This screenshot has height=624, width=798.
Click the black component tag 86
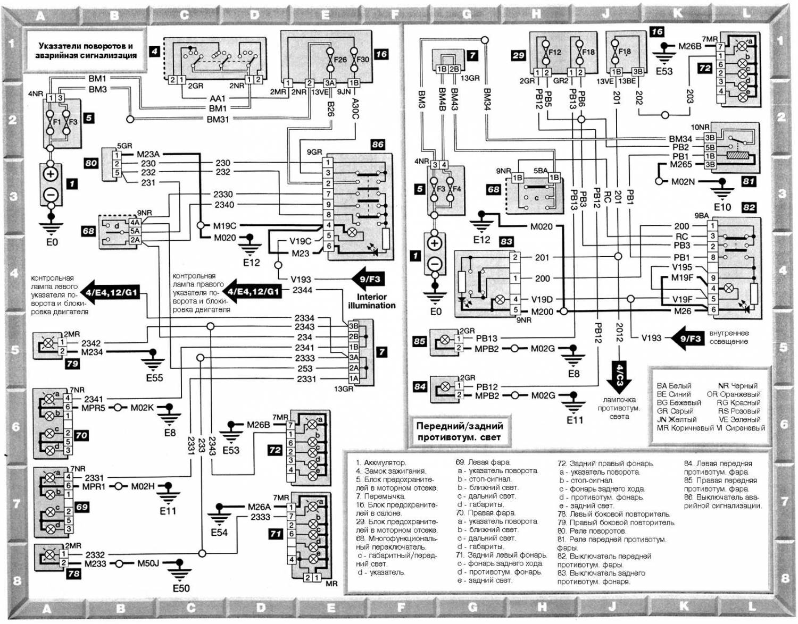pos(377,145)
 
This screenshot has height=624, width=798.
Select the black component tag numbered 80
pos(91,163)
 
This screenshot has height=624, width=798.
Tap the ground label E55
pos(154,378)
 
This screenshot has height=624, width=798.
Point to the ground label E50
pos(181,588)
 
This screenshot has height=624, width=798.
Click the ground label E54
pos(219,532)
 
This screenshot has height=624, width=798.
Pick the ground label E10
pos(722,207)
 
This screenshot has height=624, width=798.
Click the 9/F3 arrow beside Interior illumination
pos(369,280)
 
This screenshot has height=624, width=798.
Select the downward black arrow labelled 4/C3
pos(619,375)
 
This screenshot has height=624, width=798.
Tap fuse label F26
pos(339,60)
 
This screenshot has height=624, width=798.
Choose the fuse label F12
pos(554,52)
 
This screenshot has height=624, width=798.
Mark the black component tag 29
pos(519,55)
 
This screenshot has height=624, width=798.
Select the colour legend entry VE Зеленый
pos(739,419)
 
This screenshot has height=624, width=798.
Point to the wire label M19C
pos(225,226)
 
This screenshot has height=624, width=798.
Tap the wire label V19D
pos(542,299)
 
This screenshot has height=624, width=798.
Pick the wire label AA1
pos(218,98)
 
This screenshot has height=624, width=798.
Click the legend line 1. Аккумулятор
pos(381,462)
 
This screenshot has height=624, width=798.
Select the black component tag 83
pos(506,241)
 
